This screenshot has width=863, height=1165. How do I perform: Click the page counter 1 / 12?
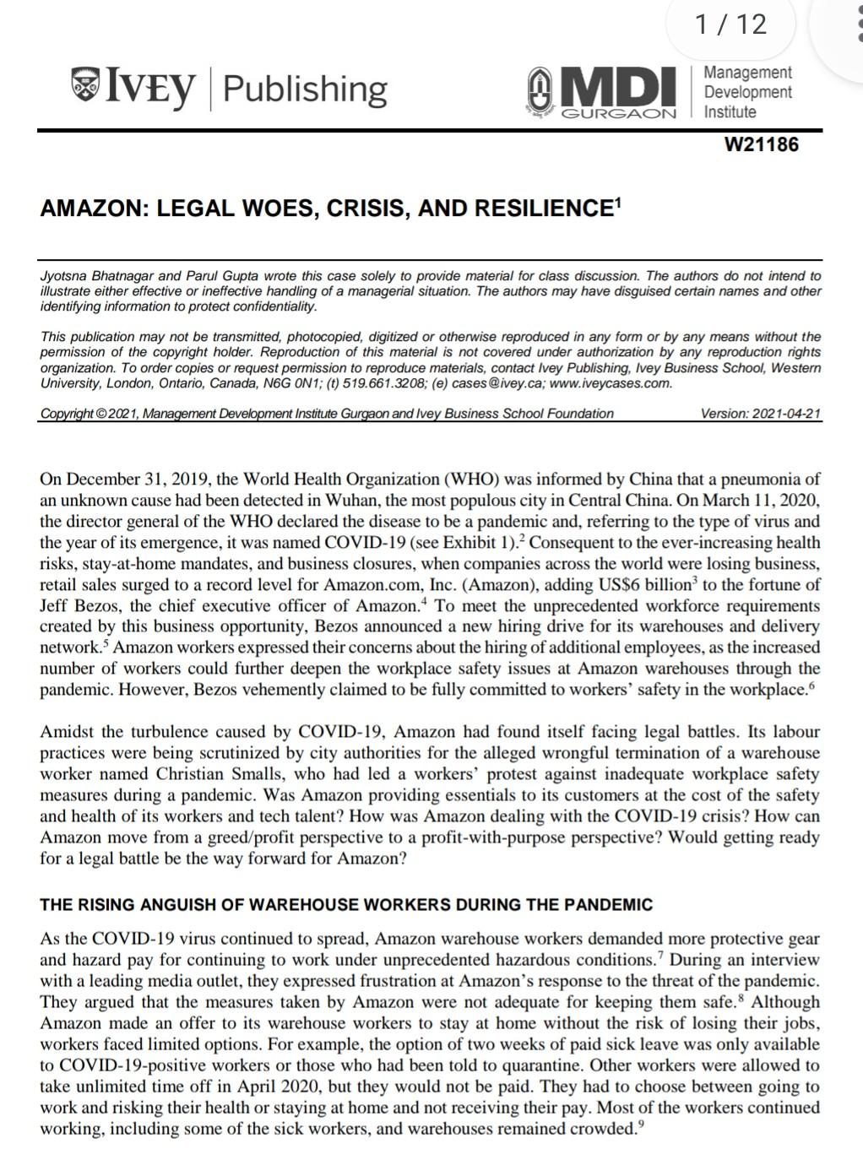(x=731, y=24)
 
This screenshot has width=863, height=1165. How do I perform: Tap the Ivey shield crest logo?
(x=84, y=86)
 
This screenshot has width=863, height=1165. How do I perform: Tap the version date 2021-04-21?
(x=785, y=414)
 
